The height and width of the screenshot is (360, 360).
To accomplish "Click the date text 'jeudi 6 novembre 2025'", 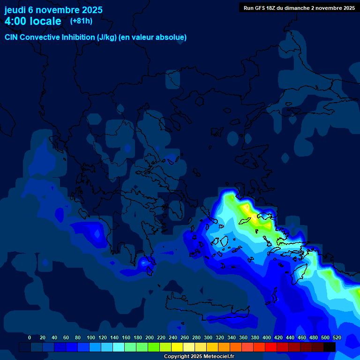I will coord(53,10).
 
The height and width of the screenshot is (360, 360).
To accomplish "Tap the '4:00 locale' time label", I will coord(33,21).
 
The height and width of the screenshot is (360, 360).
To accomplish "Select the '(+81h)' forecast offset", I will coord(81,21).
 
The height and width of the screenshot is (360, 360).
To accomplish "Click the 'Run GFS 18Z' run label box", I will coord(299,7).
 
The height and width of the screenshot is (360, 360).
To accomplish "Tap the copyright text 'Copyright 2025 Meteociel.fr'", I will coord(199,357).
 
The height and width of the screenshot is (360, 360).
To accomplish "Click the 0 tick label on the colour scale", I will coord(30,337).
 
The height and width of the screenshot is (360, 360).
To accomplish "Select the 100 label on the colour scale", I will coord(90,337).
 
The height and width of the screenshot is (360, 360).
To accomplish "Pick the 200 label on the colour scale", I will coord(150,337).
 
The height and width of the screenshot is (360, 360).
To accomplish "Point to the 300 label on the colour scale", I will coord(208,337).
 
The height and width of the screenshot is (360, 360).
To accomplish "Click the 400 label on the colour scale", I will coord(267,337).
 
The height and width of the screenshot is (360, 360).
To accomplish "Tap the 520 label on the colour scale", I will coord(337,337).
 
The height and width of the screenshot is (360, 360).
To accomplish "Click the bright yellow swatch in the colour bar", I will coord(177,347).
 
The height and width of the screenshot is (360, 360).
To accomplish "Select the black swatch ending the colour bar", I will coord(330,347).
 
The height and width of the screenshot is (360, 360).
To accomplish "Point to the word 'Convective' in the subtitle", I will coord(39,37).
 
